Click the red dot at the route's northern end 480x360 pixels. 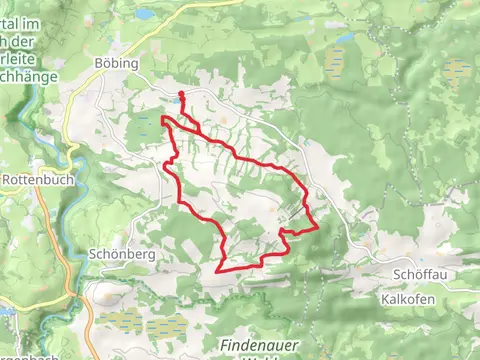(x=181, y=96)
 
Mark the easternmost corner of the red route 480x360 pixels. (x=318, y=227)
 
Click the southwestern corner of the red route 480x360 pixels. (x=218, y=269)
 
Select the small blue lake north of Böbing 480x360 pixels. (x=146, y=14)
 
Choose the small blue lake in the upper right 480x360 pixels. (x=346, y=38)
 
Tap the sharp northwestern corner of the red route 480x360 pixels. (x=162, y=118)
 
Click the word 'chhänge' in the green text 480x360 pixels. (x=25, y=74)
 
